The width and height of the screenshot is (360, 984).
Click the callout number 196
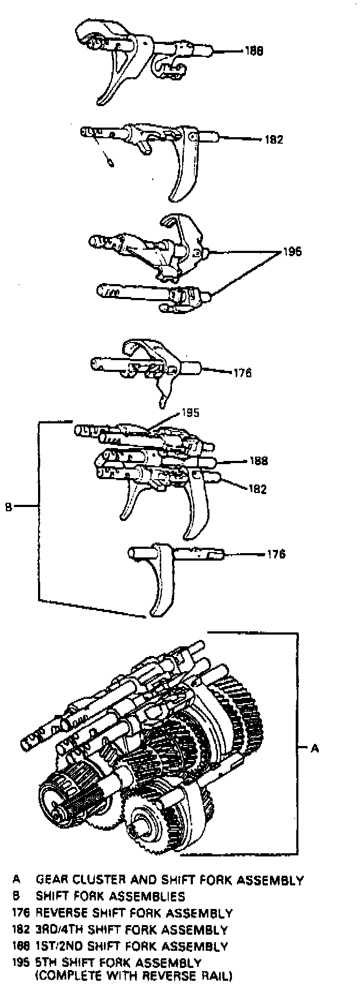[292, 251]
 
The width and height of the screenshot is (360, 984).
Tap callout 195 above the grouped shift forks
[190, 413]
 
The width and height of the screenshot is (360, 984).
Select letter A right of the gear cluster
[314, 748]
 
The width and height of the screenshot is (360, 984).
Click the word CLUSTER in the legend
[95, 880]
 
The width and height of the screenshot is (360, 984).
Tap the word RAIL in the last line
[217, 975]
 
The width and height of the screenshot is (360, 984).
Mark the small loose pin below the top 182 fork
[109, 162]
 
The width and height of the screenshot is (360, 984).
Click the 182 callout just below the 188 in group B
[258, 489]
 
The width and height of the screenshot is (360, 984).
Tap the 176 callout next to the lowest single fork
[276, 554]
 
